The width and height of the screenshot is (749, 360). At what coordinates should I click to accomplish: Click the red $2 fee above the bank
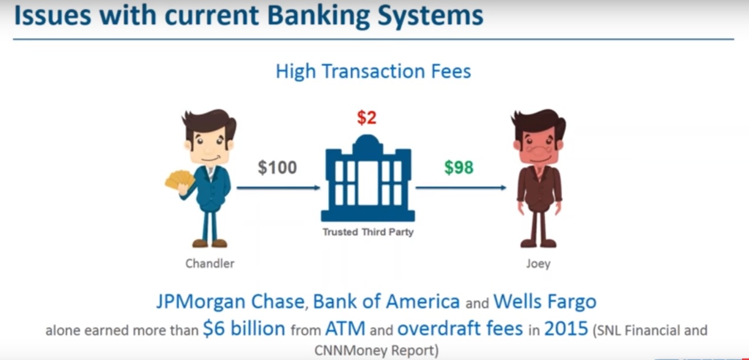tap(367, 118)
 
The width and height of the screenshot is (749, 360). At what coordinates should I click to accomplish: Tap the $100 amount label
tap(277, 167)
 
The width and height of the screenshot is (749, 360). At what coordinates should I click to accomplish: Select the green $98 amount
tap(458, 167)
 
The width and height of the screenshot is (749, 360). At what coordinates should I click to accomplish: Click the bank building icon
tap(368, 178)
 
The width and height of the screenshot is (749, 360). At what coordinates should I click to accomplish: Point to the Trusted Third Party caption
tap(368, 232)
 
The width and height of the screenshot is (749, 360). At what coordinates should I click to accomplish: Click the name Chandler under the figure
tap(210, 264)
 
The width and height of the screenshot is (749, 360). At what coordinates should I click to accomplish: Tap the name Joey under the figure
tap(539, 264)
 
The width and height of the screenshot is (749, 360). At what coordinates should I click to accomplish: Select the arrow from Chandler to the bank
tap(279, 188)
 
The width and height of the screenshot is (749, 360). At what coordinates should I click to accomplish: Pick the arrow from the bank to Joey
tap(461, 188)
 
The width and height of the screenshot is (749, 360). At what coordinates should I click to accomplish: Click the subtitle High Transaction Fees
tap(374, 71)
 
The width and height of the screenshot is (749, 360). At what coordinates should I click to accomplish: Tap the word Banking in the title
tap(319, 16)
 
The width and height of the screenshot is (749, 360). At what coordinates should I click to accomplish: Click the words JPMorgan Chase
tap(230, 302)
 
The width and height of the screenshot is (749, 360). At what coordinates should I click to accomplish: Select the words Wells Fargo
tap(545, 302)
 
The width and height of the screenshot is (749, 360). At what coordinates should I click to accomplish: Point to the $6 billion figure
tap(244, 329)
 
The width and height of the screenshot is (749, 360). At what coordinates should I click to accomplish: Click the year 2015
tap(566, 329)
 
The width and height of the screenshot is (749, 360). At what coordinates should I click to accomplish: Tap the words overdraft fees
tap(460, 329)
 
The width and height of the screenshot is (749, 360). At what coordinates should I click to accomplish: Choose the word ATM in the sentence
tap(345, 329)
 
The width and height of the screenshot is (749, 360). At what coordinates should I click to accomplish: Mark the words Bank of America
tap(387, 302)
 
